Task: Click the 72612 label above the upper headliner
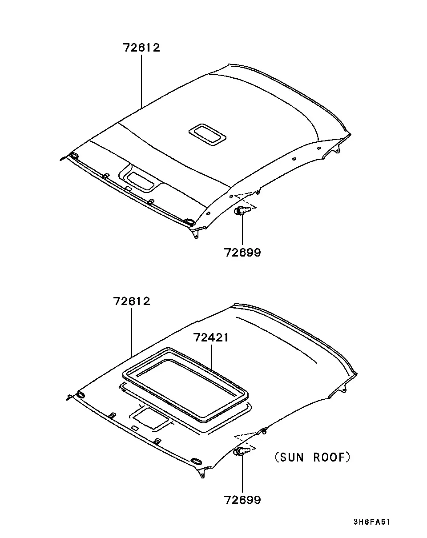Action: click(141, 48)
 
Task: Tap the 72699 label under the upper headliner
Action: click(242, 252)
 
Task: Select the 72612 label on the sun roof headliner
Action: click(132, 301)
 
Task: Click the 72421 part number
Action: click(211, 337)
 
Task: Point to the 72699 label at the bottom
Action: click(242, 500)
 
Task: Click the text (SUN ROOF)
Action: click(312, 457)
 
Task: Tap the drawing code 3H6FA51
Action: click(372, 522)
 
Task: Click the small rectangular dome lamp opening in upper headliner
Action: click(207, 134)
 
